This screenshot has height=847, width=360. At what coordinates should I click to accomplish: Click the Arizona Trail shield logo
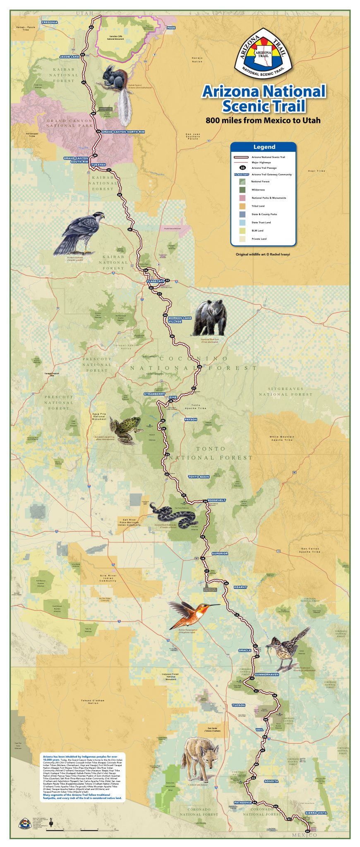(264, 53)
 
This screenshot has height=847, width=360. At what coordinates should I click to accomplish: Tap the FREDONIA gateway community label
(50, 22)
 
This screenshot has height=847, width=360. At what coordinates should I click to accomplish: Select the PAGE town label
(171, 28)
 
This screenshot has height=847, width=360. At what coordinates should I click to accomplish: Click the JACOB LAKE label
(69, 57)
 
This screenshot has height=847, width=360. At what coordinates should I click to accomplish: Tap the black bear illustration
(210, 318)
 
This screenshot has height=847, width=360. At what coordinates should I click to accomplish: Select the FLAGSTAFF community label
(155, 281)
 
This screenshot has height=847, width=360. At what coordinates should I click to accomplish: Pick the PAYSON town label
(190, 419)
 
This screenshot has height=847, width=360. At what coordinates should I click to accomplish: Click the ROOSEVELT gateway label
(216, 500)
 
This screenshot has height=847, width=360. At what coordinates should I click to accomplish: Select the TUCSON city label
(238, 705)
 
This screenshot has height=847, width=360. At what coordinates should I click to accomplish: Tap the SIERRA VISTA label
(316, 813)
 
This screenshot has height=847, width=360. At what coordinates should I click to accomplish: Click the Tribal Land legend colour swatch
(242, 206)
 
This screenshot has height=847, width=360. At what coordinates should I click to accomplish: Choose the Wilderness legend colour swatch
(242, 189)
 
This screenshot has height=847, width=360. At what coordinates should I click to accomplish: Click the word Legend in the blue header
(264, 147)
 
